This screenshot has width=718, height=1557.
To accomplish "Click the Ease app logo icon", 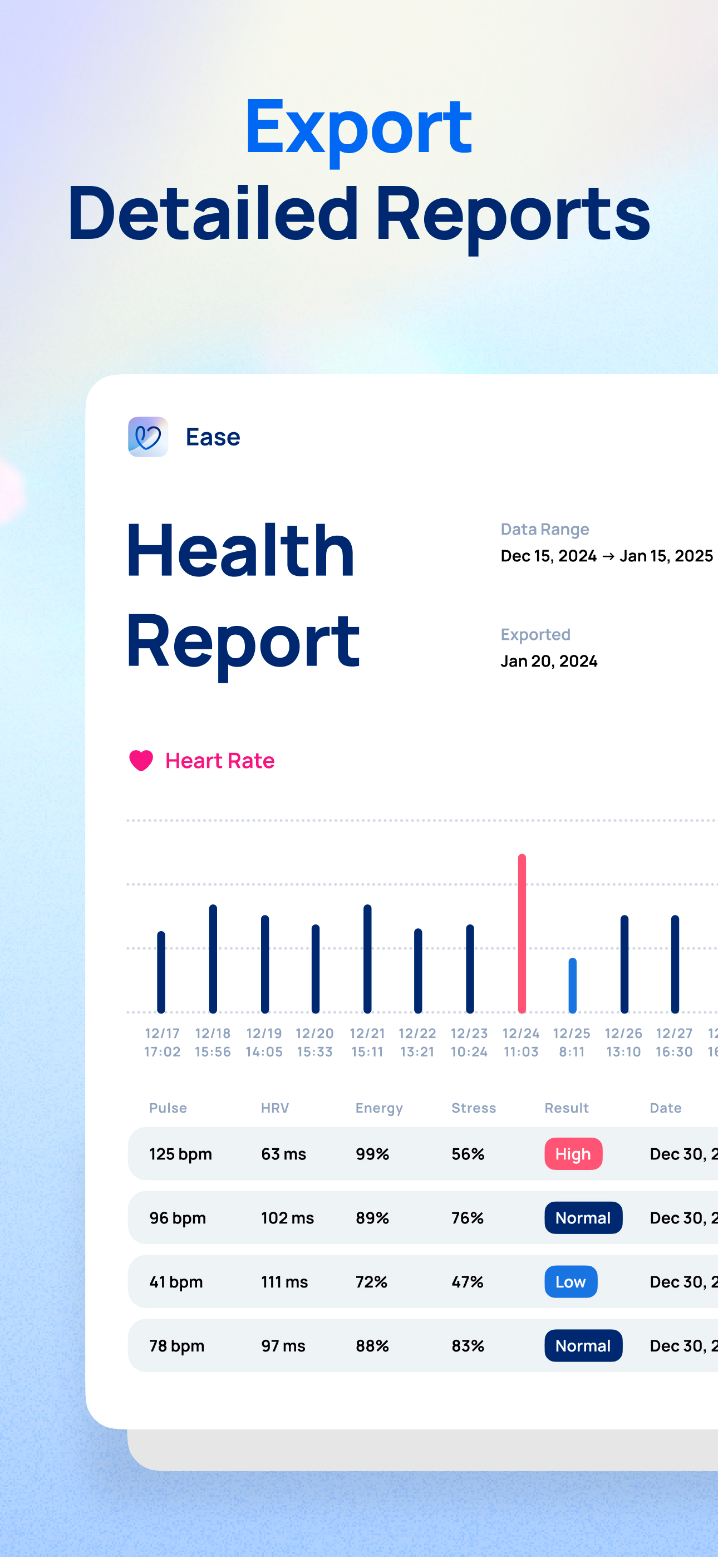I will coord(148,437).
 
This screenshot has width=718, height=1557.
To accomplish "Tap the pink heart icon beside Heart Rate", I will coord(141,760).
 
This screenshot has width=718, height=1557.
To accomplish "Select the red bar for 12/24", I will coord(522,933).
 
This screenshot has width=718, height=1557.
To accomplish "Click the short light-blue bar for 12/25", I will coord(572,985).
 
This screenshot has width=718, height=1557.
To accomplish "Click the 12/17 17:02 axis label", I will coord(162,1042).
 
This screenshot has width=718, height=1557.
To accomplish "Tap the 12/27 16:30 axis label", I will coord(674,1042).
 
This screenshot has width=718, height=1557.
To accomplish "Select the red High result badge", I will coord(573,1154).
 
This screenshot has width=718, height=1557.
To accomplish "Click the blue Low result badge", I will coord(571,1281).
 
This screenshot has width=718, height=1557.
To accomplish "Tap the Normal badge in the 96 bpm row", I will coord(583,1218).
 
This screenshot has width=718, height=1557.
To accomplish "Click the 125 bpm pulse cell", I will coord(180,1154).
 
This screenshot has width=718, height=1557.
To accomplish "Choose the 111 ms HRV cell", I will coord(284,1281).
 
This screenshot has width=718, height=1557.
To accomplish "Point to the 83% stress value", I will coord(468,1345).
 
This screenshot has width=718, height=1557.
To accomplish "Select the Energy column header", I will coord(379,1108).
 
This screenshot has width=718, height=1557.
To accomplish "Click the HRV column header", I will coord(275,1108).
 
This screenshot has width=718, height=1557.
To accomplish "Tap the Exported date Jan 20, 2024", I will coord(549,660).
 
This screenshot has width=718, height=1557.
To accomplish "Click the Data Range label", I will coord(544,530).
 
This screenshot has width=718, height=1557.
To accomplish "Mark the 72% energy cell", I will coord(371,1281).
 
